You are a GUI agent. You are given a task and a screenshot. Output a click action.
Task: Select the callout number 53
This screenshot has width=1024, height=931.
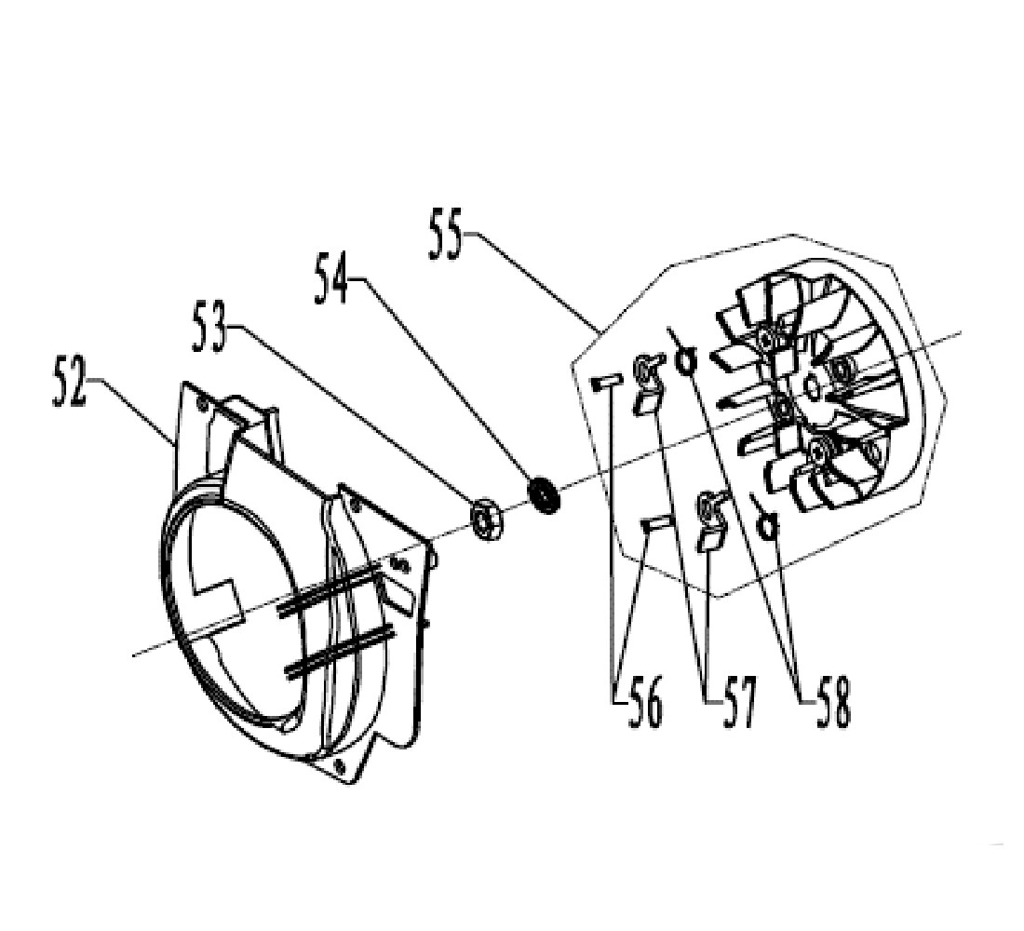[209, 329]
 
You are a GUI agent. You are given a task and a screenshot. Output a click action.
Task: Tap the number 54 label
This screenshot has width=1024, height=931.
[331, 278]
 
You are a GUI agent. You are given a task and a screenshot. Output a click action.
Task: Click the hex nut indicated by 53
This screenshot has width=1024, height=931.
[486, 518]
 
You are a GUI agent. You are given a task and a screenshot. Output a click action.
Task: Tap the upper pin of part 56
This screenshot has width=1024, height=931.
[606, 383]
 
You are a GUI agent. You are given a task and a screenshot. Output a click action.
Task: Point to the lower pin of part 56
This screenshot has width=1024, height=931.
[655, 523]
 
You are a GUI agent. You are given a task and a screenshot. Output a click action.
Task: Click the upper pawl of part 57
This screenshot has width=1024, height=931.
[648, 384]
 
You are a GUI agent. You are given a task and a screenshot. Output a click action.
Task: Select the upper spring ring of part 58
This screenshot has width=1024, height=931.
[684, 359]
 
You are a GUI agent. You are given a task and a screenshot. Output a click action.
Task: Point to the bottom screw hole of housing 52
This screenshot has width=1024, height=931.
[339, 765]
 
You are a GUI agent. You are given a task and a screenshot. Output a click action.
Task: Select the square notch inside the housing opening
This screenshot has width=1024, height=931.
[217, 595]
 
